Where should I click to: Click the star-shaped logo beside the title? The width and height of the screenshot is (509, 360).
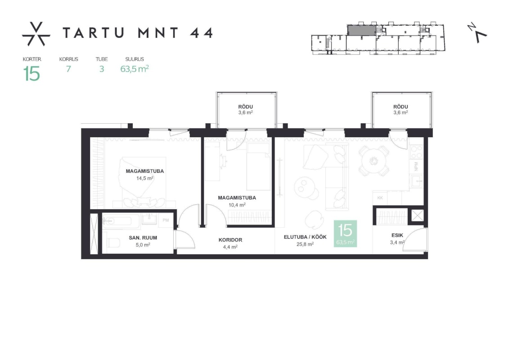pos(36,34)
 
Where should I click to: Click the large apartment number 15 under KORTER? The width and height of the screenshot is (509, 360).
pos(32,74)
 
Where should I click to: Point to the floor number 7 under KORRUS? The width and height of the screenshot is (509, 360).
pos(68,69)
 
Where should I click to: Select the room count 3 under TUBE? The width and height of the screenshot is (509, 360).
pos(102,69)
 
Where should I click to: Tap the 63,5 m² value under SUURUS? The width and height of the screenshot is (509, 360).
pos(135,69)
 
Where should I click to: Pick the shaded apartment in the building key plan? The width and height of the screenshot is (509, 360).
pos(362,30)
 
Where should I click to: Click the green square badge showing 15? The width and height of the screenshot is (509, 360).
pos(345,234)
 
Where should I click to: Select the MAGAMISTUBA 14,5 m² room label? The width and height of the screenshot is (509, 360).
pos(145,174)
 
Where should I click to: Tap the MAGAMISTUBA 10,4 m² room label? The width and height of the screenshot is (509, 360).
pos(237,201)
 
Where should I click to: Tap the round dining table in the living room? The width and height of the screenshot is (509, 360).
pos(374,161)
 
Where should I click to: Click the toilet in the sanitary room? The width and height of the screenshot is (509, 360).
pos(113,242)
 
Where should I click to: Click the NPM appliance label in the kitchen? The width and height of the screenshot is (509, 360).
pos(416,166)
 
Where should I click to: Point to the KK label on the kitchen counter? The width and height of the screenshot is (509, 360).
pos(380,198)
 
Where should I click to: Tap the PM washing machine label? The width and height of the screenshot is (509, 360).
pos(166,220)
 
